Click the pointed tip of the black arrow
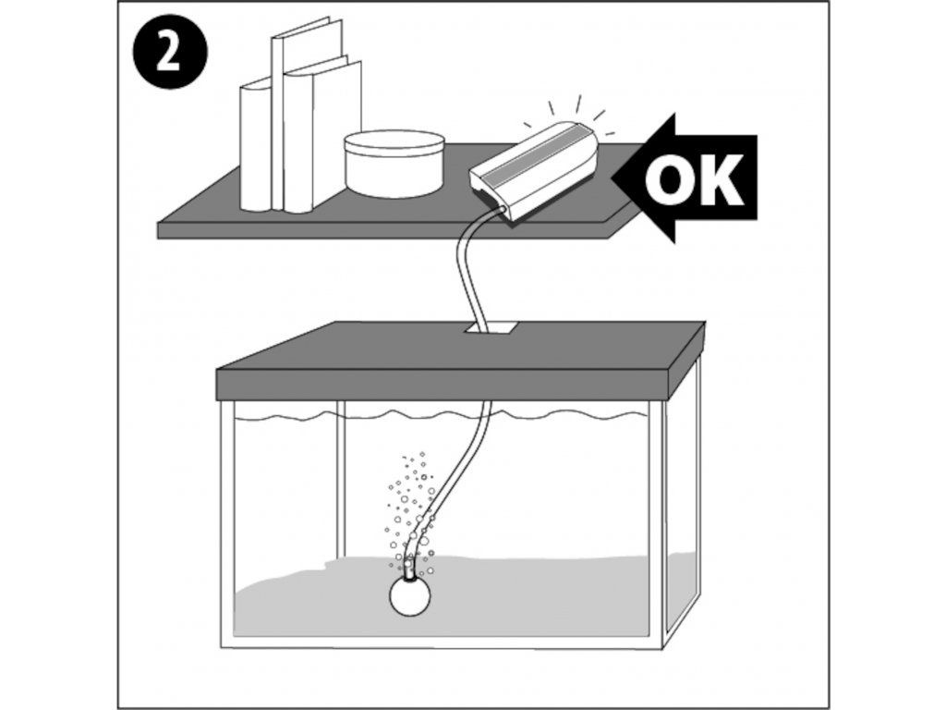[613, 179]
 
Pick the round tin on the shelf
[394, 163]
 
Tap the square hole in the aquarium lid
[490, 329]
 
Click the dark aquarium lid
[462, 362]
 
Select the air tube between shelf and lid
[467, 272]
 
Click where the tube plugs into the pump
[501, 208]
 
